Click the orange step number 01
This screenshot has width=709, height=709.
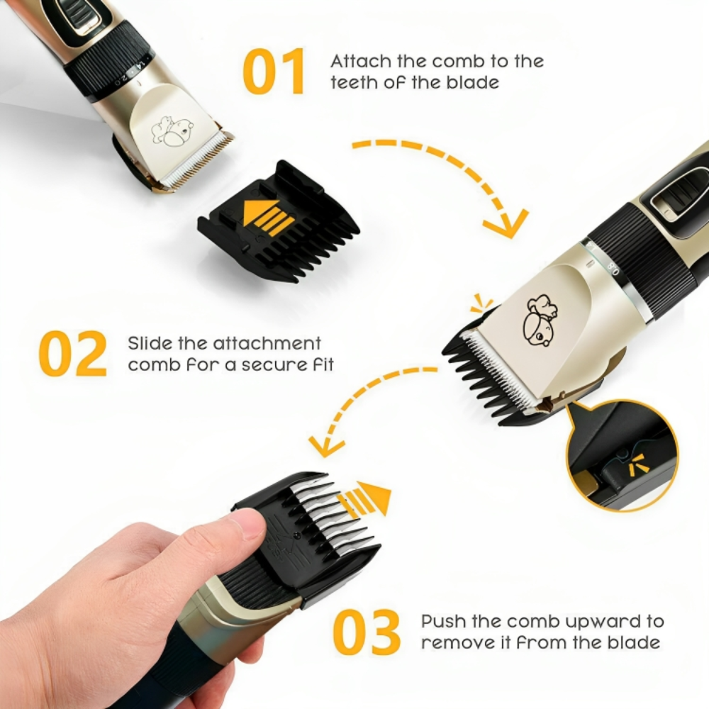coord(274,72)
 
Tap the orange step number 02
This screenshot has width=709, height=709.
coord(73,353)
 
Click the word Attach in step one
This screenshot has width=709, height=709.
coord(357,61)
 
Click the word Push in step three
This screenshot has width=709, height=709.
coord(444,622)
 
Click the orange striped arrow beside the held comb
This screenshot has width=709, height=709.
coord(364,498)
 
